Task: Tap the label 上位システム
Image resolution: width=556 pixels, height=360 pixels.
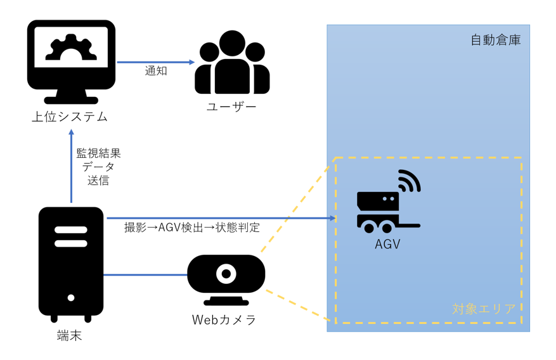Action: pos(70,117)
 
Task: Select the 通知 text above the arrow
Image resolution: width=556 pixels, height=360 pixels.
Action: pos(156,71)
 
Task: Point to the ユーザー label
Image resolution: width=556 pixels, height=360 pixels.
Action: pos(232,106)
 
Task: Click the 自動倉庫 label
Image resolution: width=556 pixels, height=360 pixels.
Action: pos(495,40)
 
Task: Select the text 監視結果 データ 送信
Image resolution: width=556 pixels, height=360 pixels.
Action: pos(98,167)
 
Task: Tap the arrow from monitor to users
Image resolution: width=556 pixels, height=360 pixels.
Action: pos(155,62)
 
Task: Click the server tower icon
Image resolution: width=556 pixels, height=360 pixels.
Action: pos(71,263)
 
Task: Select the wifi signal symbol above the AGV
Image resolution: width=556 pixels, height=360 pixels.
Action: pos(410,181)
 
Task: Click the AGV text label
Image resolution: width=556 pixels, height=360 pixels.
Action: pos(387,243)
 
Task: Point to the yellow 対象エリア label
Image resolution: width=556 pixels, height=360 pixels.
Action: pos(484,309)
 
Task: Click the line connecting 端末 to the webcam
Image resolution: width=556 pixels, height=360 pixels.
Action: pos(146,275)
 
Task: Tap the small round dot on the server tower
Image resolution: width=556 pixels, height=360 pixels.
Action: pos(71,298)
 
